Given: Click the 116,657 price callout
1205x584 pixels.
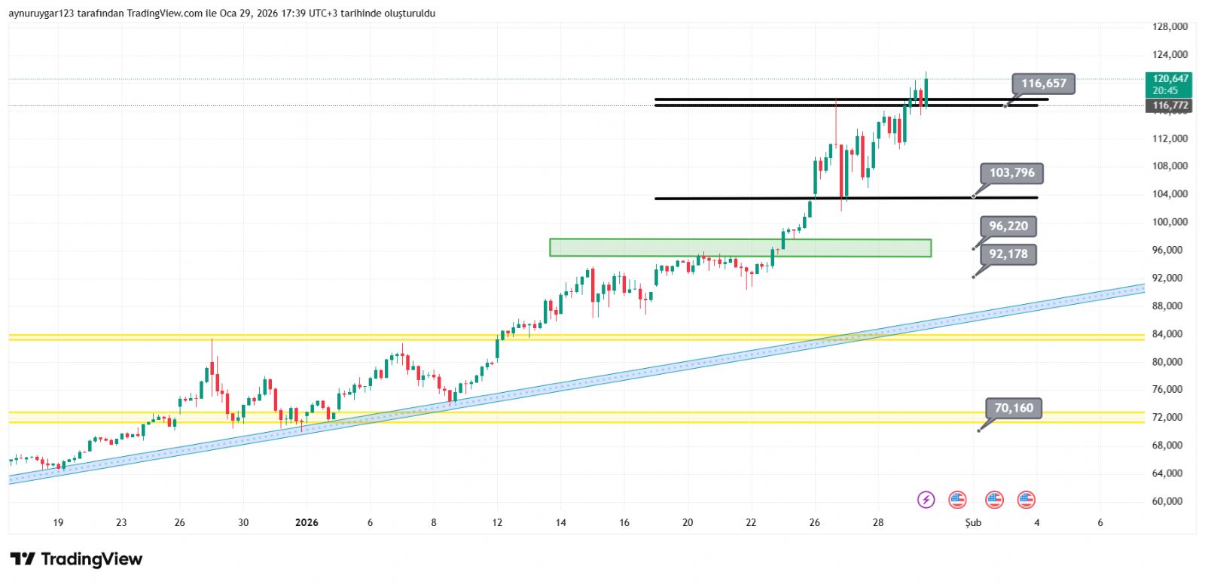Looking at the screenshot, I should pyautogui.click(x=1044, y=84).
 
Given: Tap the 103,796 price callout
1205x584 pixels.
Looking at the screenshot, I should pyautogui.click(x=1011, y=173).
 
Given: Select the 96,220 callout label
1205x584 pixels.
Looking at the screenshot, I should pyautogui.click(x=1008, y=227).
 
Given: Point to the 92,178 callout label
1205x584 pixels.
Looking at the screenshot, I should pyautogui.click(x=1008, y=254).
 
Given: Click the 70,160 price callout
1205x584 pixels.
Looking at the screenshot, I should pyautogui.click(x=1014, y=409).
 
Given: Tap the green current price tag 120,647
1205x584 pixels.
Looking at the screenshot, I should pyautogui.click(x=1170, y=84).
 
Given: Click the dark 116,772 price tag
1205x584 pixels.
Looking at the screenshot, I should pyautogui.click(x=1170, y=106).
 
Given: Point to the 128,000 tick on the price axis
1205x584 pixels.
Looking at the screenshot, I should pyautogui.click(x=1170, y=26).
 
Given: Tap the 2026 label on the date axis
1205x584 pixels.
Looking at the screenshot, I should pyautogui.click(x=307, y=522).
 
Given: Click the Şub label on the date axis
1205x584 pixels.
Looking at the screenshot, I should pyautogui.click(x=973, y=522).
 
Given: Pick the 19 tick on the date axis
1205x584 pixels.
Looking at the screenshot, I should pyautogui.click(x=58, y=522).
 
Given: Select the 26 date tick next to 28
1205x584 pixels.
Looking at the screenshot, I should pyautogui.click(x=814, y=522).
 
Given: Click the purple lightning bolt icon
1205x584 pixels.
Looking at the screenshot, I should pyautogui.click(x=926, y=500).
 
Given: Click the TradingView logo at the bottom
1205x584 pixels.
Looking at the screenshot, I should pyautogui.click(x=76, y=559).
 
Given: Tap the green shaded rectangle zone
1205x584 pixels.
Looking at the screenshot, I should pyautogui.click(x=740, y=248).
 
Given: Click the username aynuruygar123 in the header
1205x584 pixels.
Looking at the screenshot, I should pyautogui.click(x=41, y=13).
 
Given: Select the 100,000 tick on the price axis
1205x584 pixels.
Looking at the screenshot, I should pyautogui.click(x=1170, y=222).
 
